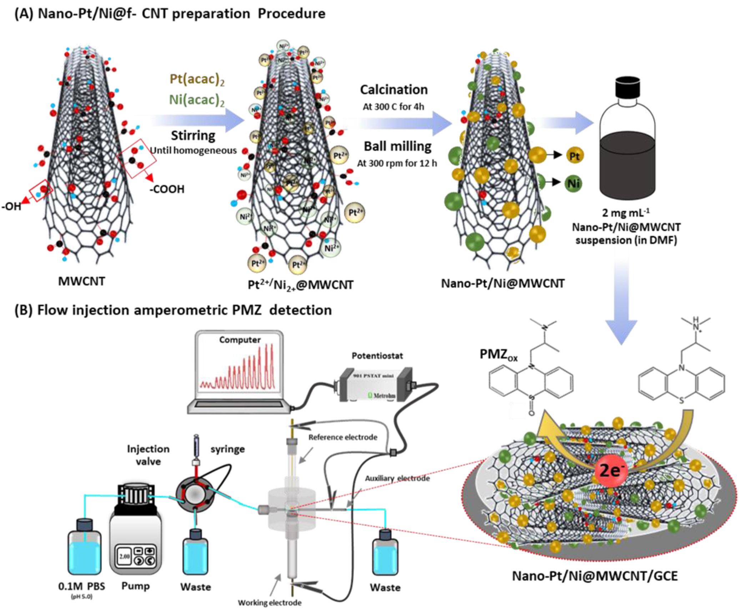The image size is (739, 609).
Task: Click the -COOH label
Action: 167,189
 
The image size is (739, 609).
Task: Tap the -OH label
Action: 11,206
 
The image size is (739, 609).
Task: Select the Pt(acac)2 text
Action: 197,79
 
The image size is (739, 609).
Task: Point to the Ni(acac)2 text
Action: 197,100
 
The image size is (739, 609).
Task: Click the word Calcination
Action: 393,90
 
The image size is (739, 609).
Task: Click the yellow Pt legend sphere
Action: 574,156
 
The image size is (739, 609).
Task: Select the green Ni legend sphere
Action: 573,183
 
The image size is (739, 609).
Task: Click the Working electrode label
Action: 270,603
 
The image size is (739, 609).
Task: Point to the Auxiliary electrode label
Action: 397,478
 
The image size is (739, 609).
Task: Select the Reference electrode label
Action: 343,437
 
